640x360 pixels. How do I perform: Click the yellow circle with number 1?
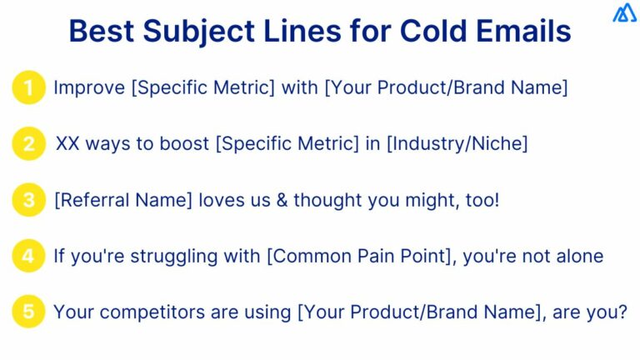28,87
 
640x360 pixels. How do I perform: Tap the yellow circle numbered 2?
28,143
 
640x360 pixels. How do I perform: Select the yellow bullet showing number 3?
28,200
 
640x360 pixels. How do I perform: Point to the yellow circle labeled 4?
28,256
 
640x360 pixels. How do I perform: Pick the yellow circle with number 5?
28,312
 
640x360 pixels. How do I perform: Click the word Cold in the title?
437,32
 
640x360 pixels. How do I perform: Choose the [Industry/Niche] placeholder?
457,143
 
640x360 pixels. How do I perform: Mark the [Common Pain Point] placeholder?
359,256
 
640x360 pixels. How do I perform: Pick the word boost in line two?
183,143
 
